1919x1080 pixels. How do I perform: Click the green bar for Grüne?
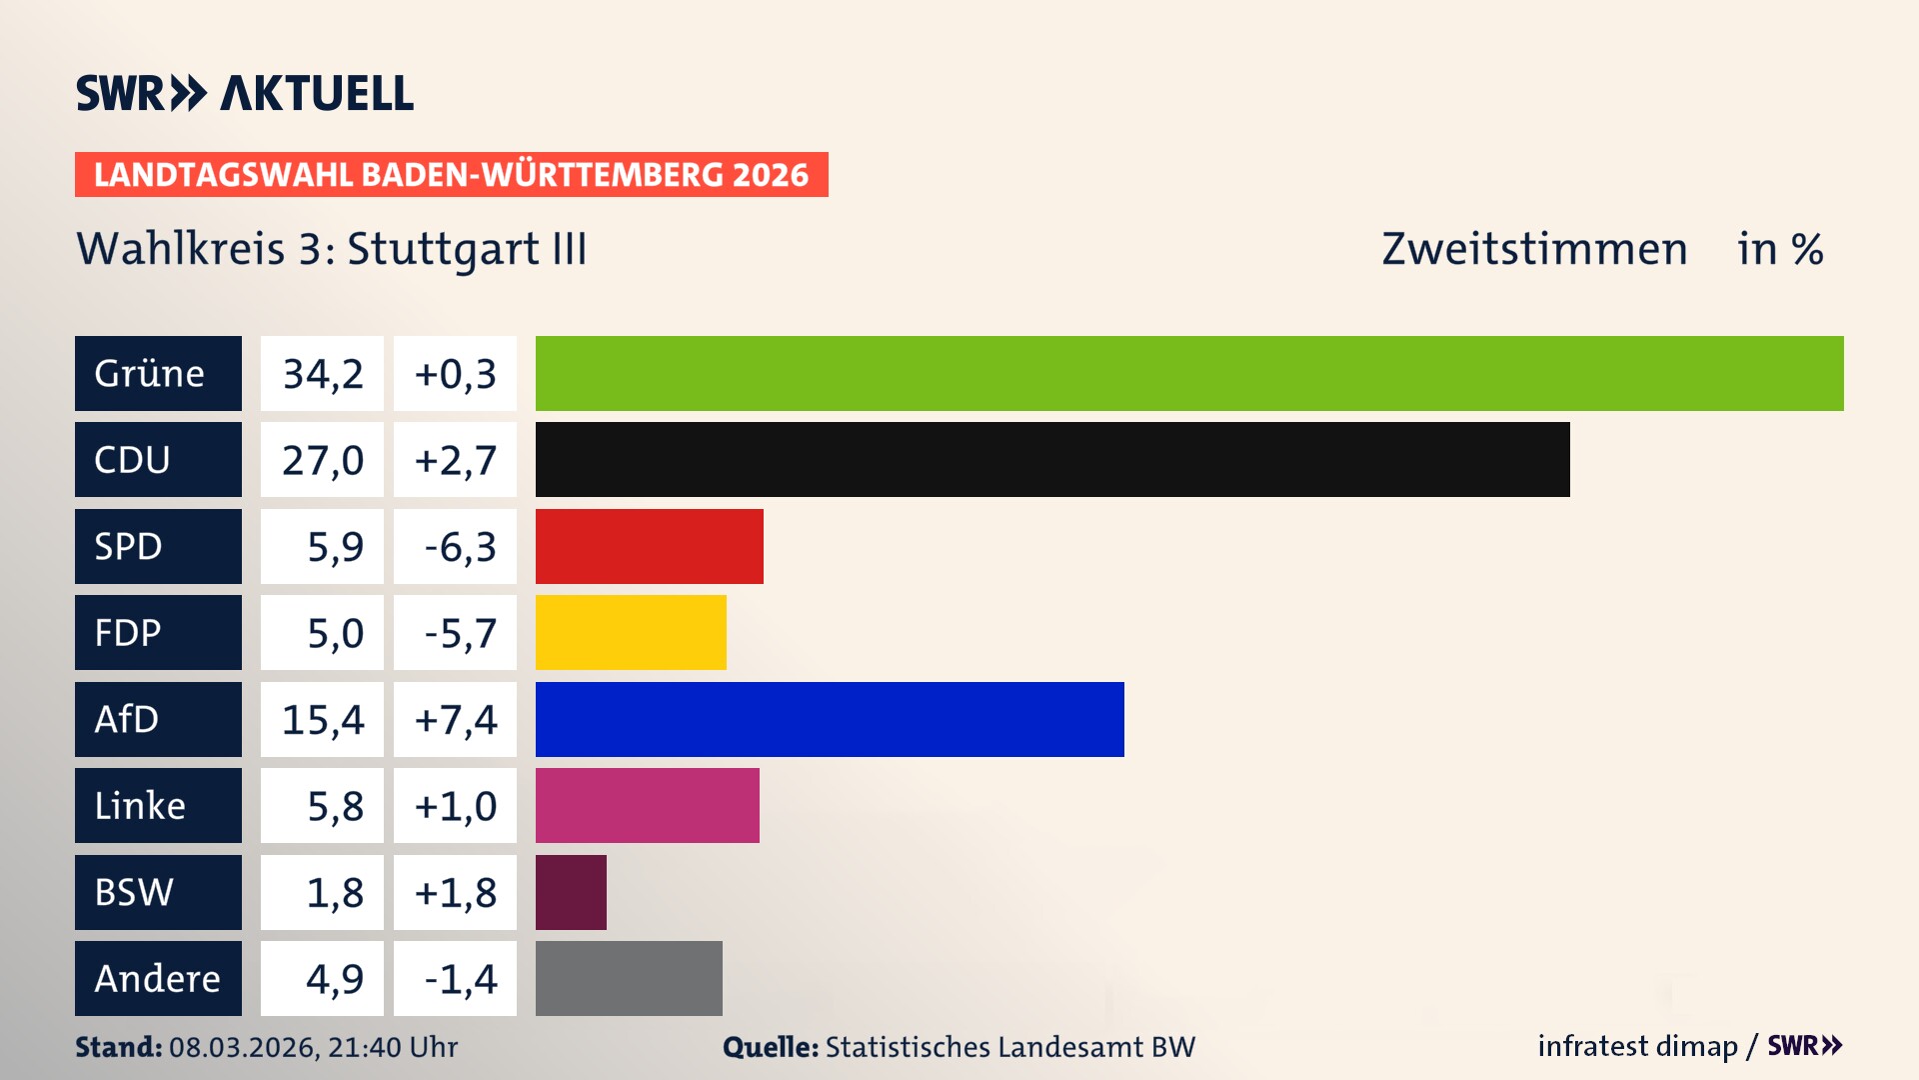[x=1189, y=373]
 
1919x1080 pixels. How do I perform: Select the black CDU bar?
[x=1052, y=459]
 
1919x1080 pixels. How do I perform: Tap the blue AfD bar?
[x=830, y=719]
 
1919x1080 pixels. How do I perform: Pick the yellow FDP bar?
[x=631, y=632]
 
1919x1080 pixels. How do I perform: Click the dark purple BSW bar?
[x=571, y=892]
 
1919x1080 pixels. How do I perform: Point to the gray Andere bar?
[x=629, y=978]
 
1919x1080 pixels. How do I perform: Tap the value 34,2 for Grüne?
[x=322, y=373]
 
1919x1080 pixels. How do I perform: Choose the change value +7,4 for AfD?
[x=455, y=719]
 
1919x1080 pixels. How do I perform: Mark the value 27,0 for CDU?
[x=322, y=459]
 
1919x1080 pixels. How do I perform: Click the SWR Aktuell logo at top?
[x=245, y=93]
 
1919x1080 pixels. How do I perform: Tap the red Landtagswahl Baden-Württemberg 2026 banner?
[x=451, y=174]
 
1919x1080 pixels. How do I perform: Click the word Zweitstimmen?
[x=1534, y=249]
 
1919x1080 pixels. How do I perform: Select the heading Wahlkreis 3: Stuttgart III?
[x=332, y=249]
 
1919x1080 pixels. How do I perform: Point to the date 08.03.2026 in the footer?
[x=243, y=1047]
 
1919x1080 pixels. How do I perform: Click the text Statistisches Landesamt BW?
[x=1009, y=1047]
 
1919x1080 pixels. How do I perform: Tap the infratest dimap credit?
[x=1637, y=1046]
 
